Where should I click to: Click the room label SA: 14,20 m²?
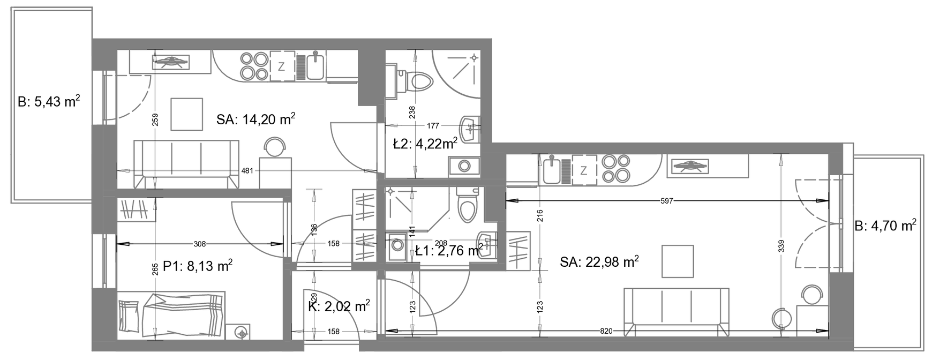pyautogui.click(x=256, y=119)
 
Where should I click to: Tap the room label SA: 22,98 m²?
pyautogui.click(x=599, y=262)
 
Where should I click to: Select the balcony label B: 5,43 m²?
pyautogui.click(x=49, y=102)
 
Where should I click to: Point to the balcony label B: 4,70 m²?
pyautogui.click(x=885, y=227)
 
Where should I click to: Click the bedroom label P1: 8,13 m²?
pyautogui.click(x=198, y=266)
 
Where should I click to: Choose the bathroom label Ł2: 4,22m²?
pyautogui.click(x=425, y=144)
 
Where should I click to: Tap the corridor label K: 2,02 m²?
pyautogui.click(x=339, y=306)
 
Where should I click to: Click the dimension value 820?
pyautogui.click(x=606, y=332)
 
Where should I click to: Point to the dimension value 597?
pyautogui.click(x=667, y=201)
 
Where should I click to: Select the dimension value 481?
pyautogui.click(x=247, y=171)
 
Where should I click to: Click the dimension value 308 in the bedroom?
pyautogui.click(x=199, y=244)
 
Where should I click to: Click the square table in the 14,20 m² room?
pyautogui.click(x=187, y=114)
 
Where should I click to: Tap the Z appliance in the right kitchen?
pyautogui.click(x=584, y=170)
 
